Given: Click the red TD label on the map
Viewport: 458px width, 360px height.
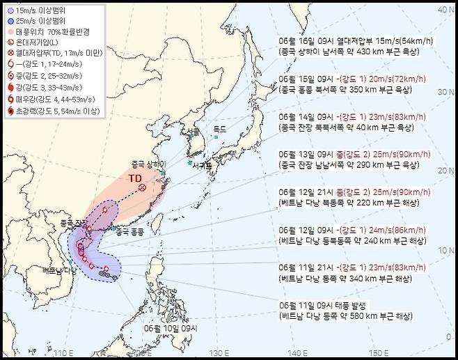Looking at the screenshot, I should (x=134, y=178).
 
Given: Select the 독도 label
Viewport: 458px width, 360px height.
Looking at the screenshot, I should (x=220, y=129).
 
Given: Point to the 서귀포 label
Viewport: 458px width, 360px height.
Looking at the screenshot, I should (x=203, y=165).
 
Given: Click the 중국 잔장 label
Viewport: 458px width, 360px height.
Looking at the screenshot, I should (x=72, y=222).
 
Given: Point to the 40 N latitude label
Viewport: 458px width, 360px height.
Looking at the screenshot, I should (x=442, y=10).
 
